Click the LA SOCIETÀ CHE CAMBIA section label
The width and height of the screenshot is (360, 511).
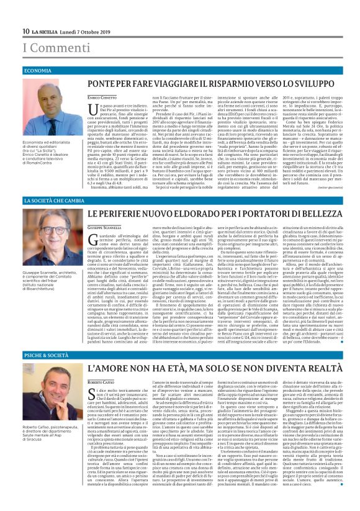coord(54,201)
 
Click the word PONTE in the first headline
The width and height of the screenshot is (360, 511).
coord(103,83)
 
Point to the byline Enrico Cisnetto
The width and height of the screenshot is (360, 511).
coord(101,99)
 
